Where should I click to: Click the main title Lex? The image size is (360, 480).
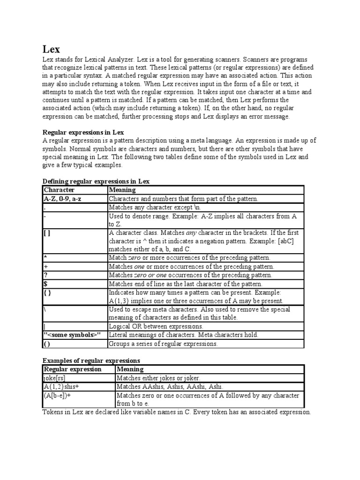pyautogui.click(x=51, y=49)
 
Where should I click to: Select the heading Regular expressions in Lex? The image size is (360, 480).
pyautogui.click(x=83, y=133)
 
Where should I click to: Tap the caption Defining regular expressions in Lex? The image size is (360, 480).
pyautogui.click(x=96, y=181)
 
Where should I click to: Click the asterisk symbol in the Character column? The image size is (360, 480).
pyautogui.click(x=45, y=258)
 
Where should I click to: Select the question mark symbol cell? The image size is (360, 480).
pyautogui.click(x=45, y=275)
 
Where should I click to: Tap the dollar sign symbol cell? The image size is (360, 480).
pyautogui.click(x=45, y=284)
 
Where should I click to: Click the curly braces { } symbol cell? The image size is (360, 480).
pyautogui.click(x=47, y=292)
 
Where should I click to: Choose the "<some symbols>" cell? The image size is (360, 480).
pyautogui.click(x=72, y=335)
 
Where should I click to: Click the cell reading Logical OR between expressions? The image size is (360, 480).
pyautogui.click(x=156, y=326)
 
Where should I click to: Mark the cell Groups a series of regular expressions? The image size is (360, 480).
pyautogui.click(x=163, y=344)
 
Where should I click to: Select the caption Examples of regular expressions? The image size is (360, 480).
pyautogui.click(x=91, y=360)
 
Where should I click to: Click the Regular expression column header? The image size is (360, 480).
pyautogui.click(x=72, y=369)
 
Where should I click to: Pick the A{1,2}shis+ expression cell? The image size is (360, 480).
pyautogui.click(x=61, y=387)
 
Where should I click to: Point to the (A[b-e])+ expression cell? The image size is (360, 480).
pyautogui.click(x=60, y=396)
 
